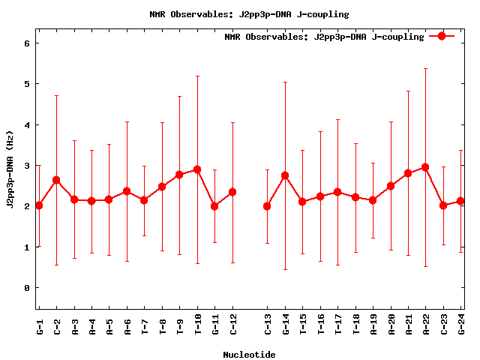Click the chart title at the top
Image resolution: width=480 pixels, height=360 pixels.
tap(249, 14)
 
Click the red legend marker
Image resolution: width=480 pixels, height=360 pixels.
tap(442, 36)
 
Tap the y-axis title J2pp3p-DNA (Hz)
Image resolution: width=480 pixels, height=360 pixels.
tap(10, 169)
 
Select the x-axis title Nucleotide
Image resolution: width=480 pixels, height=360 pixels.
tap(249, 355)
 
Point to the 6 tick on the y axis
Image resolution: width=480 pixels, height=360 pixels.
tap(27, 43)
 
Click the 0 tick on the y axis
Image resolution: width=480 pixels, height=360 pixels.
tap(27, 288)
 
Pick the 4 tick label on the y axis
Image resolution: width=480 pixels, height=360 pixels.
tap(27, 125)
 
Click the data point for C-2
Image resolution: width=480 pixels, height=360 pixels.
tap(56, 180)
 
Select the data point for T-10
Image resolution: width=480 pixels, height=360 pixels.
tap(197, 169)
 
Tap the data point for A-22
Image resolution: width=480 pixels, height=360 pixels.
tap(425, 167)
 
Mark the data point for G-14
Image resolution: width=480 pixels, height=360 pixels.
tap(285, 175)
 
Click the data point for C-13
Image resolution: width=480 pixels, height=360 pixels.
tap(267, 206)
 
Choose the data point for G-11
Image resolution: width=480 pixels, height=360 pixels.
tap(214, 206)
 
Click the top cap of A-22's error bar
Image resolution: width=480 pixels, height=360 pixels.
tap(425, 68)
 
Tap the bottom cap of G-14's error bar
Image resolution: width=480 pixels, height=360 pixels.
tap(285, 269)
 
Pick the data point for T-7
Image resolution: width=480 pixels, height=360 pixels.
tap(144, 200)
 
